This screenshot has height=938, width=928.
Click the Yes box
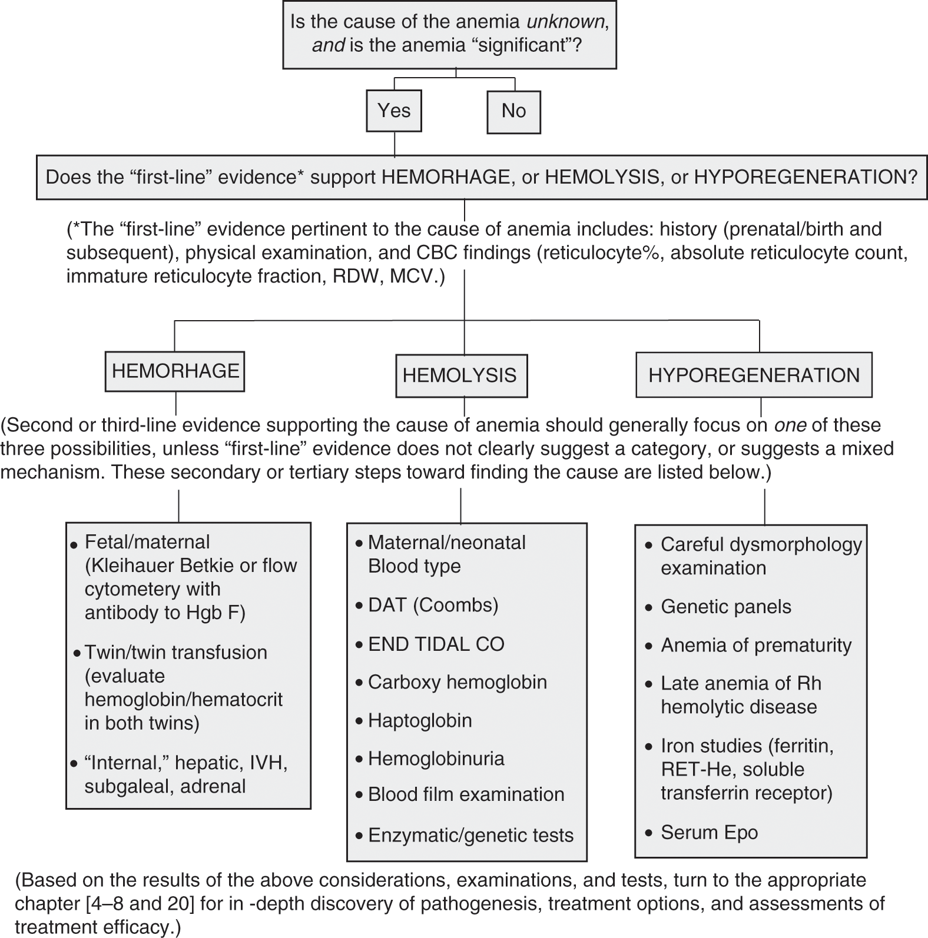394,111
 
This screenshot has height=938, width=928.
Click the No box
513,111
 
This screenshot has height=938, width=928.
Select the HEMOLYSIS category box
460,375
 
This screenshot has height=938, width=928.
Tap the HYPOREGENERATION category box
754,375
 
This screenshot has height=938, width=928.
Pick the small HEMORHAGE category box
175,371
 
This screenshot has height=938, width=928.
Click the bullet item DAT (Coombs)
433,605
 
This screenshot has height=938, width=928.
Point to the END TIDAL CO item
436,644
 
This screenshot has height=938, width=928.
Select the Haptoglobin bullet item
420,720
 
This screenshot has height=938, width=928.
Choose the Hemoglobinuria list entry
436,759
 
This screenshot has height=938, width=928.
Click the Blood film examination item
466,794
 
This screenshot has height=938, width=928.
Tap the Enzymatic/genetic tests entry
470,835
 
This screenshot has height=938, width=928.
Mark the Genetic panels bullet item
725,607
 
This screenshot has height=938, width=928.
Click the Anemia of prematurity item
756,645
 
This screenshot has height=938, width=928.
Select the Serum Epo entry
709,832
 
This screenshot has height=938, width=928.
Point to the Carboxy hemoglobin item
457,682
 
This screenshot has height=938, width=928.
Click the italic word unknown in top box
565,22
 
